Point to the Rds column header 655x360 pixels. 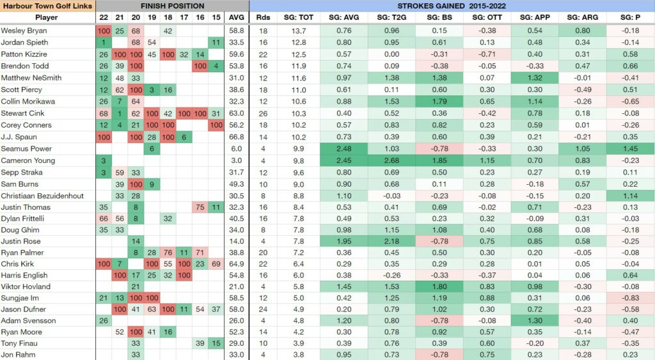point(262,18)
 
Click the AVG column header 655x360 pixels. point(235,18)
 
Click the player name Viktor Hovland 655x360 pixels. point(24,286)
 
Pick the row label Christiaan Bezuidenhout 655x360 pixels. point(42,195)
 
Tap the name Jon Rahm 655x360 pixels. point(17,354)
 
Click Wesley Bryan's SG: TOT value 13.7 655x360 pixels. point(299,31)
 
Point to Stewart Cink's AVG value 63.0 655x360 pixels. point(235,113)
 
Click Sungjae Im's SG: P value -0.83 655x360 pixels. point(627,297)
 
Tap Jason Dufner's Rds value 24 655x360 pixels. point(262,309)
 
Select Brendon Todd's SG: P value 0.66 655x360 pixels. point(627,66)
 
